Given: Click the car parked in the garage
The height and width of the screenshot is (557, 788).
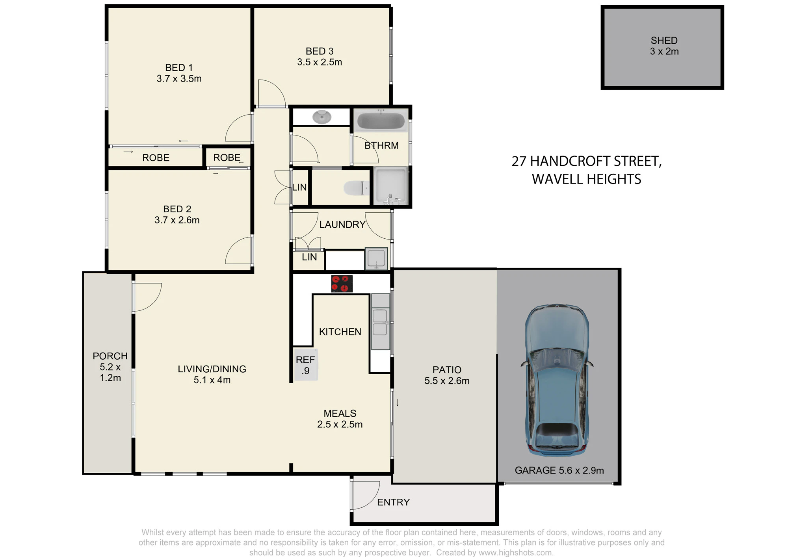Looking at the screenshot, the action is tap(557, 380).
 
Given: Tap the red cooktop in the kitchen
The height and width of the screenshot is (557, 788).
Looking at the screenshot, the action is tap(342, 284).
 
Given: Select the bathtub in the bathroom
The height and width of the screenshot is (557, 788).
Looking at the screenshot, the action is tap(381, 121).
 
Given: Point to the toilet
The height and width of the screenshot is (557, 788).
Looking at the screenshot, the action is tap(357, 188).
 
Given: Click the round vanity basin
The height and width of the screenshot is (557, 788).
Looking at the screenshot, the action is tap(322, 117).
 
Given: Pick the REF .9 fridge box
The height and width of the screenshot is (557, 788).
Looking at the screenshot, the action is tap(306, 365).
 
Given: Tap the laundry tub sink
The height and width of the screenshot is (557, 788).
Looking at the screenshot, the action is tap(376, 258).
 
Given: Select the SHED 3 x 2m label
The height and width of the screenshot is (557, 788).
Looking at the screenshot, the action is tap(664, 46).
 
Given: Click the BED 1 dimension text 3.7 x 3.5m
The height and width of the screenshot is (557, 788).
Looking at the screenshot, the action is tap(179, 79).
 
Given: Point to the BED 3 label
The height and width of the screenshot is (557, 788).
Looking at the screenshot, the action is tap(320, 51).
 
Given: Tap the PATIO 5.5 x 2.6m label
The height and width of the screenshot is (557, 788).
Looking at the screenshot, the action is tap(447, 375).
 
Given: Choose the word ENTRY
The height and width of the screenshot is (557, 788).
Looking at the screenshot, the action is tap(394, 502).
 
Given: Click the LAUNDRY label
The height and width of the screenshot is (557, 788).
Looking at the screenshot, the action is tap(342, 225).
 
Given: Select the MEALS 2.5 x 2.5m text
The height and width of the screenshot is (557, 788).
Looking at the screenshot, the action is tap(340, 419).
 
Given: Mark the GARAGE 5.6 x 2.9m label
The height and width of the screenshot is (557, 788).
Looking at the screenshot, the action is tap(559, 470).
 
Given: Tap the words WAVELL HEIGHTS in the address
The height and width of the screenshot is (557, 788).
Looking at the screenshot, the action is tap(586, 179).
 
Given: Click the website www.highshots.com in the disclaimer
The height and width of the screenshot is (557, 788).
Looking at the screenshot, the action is tap(516, 553).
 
